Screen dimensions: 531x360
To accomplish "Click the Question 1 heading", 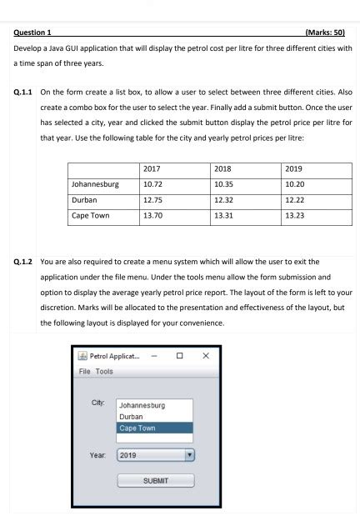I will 34,32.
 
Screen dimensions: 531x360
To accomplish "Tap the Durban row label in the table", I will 84,200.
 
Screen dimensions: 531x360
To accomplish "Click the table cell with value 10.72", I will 152,184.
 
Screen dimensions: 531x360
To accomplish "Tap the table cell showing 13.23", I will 295,216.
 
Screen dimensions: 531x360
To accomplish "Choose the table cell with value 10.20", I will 295,184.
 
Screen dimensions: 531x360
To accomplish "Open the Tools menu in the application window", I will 104,371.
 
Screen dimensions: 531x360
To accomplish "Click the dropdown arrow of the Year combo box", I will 189,456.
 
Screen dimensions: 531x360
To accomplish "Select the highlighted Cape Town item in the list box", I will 155,428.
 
